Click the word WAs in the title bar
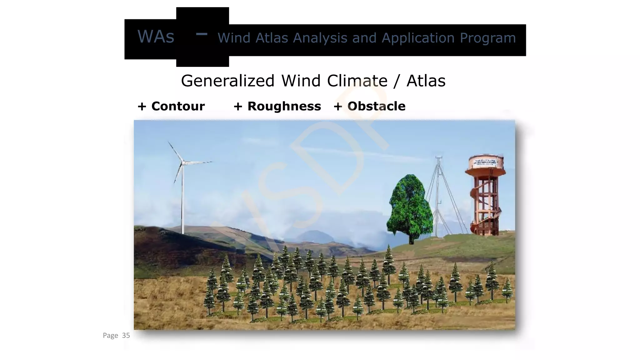156,37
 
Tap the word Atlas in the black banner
272,38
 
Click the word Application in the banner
418,38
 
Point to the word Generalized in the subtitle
227,81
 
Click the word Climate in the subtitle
357,81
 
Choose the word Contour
178,106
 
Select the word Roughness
284,106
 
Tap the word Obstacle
376,106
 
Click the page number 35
126,336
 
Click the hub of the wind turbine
183,162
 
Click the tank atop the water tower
485,166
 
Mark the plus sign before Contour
142,107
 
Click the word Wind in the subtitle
301,81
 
